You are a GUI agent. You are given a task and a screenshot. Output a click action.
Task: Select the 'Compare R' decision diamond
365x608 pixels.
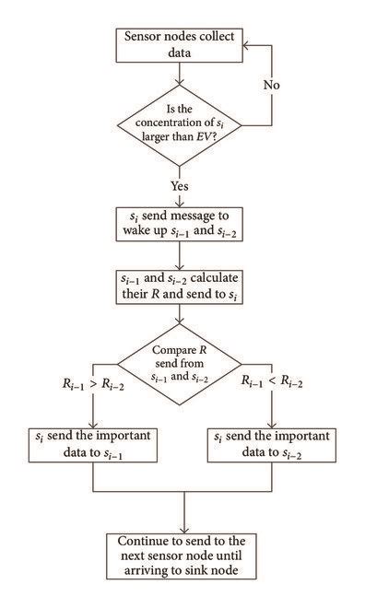coord(181,364)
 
